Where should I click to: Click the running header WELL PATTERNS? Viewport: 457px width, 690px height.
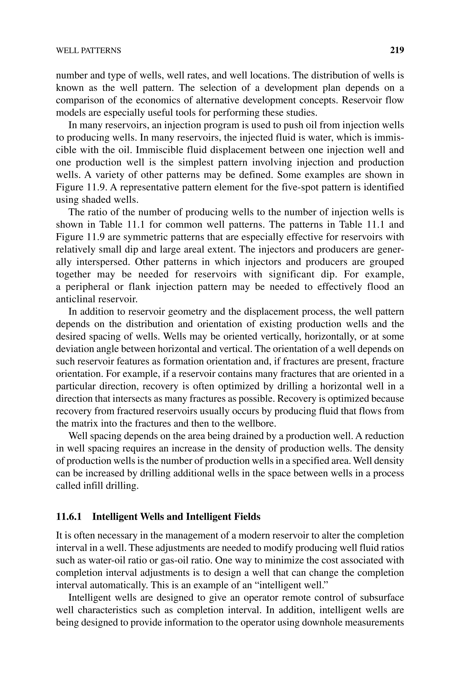pyautogui.click(x=88, y=51)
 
